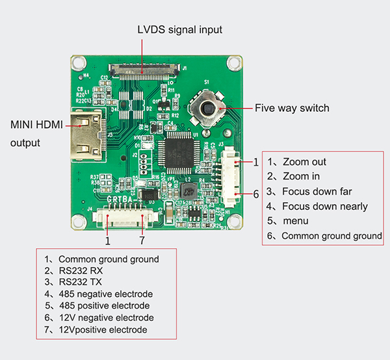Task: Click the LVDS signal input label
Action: pos(179,29)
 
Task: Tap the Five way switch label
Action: pos(292,108)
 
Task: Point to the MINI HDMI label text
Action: pos(36,125)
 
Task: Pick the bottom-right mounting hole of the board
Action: pos(235,221)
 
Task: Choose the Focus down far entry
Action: pos(317,192)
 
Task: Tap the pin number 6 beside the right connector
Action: pos(256,194)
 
